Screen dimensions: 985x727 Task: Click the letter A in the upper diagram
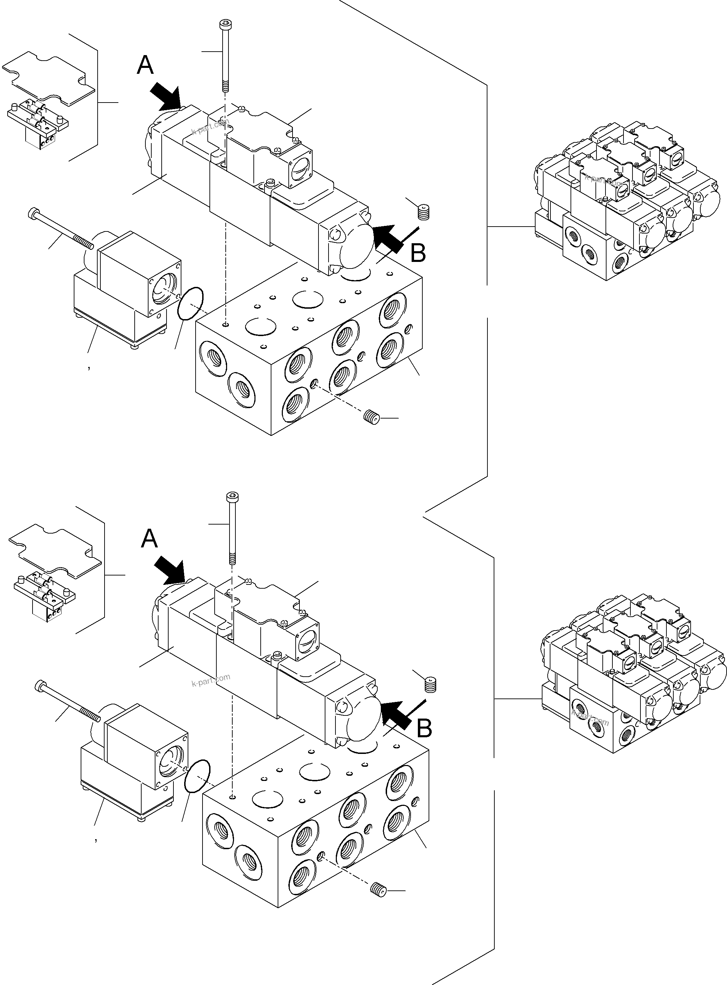[x=145, y=65]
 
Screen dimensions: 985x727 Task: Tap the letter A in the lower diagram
[x=149, y=539]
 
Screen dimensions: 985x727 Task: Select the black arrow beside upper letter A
[x=166, y=97]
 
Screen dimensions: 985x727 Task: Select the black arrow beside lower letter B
[x=396, y=712]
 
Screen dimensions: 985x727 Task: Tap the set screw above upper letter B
[x=423, y=212]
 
